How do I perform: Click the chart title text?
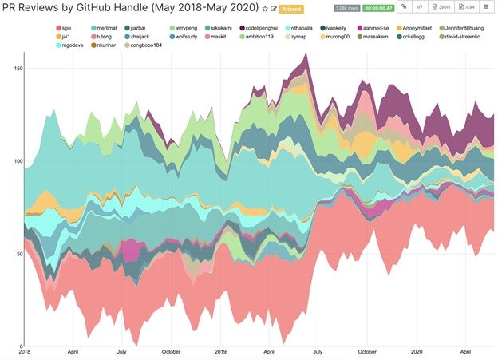click(x=131, y=9)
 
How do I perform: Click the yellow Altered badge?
click(x=290, y=9)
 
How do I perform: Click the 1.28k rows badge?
click(x=346, y=8)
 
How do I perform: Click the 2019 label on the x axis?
click(x=220, y=351)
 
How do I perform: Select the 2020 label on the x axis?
click(x=416, y=351)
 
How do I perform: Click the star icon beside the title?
click(x=265, y=9)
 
